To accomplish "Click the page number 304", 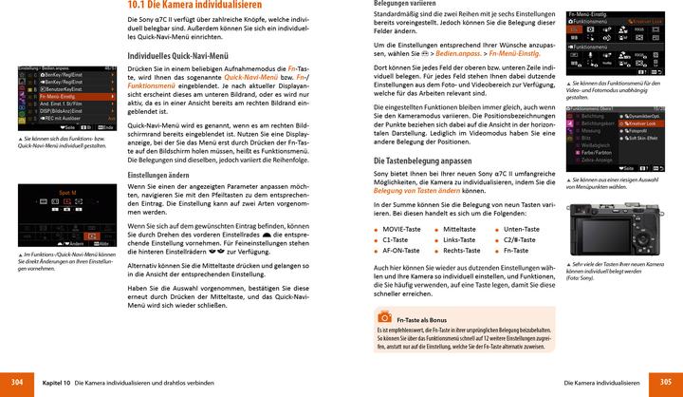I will click(x=16, y=381).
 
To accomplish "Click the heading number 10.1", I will click(x=140, y=6).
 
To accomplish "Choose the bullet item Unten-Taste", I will click(x=522, y=230).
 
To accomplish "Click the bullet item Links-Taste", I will click(x=459, y=241).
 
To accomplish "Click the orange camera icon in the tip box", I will click(x=385, y=320).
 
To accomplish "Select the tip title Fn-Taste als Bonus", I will click(x=422, y=321).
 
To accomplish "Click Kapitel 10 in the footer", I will click(x=56, y=381).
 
